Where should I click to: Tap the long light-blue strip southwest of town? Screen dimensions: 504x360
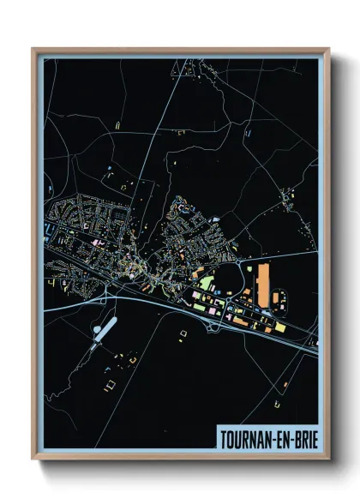coord(102,330)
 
